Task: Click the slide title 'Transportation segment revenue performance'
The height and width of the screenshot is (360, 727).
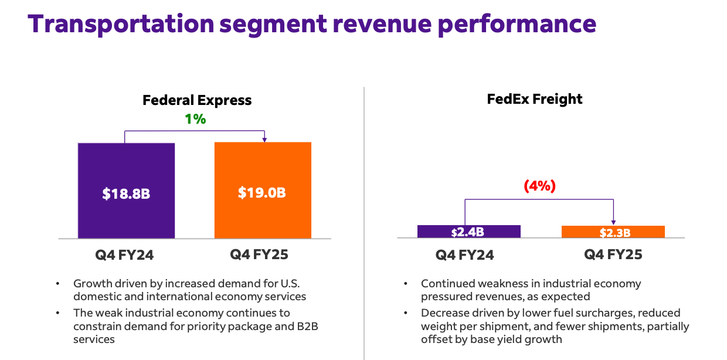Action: pos(312,24)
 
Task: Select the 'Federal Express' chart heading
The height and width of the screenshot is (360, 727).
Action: pos(197,100)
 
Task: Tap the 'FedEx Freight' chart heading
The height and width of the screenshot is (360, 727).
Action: pos(535,99)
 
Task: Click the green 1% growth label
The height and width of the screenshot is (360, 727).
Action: pos(195,119)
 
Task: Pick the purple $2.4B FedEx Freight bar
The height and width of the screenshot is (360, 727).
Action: pos(468,232)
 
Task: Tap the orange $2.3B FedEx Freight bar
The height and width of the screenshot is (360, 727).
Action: pos(613,232)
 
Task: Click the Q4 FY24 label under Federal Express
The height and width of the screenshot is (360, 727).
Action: pos(124,255)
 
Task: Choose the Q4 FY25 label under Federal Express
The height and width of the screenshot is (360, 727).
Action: pos(259,254)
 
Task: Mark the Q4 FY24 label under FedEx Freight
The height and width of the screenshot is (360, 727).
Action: pos(465,255)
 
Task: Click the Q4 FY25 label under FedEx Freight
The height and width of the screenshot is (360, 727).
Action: pos(613,254)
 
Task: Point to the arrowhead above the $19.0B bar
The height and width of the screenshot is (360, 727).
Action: pos(264,140)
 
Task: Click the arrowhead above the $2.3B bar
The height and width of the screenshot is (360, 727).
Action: pos(613,222)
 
